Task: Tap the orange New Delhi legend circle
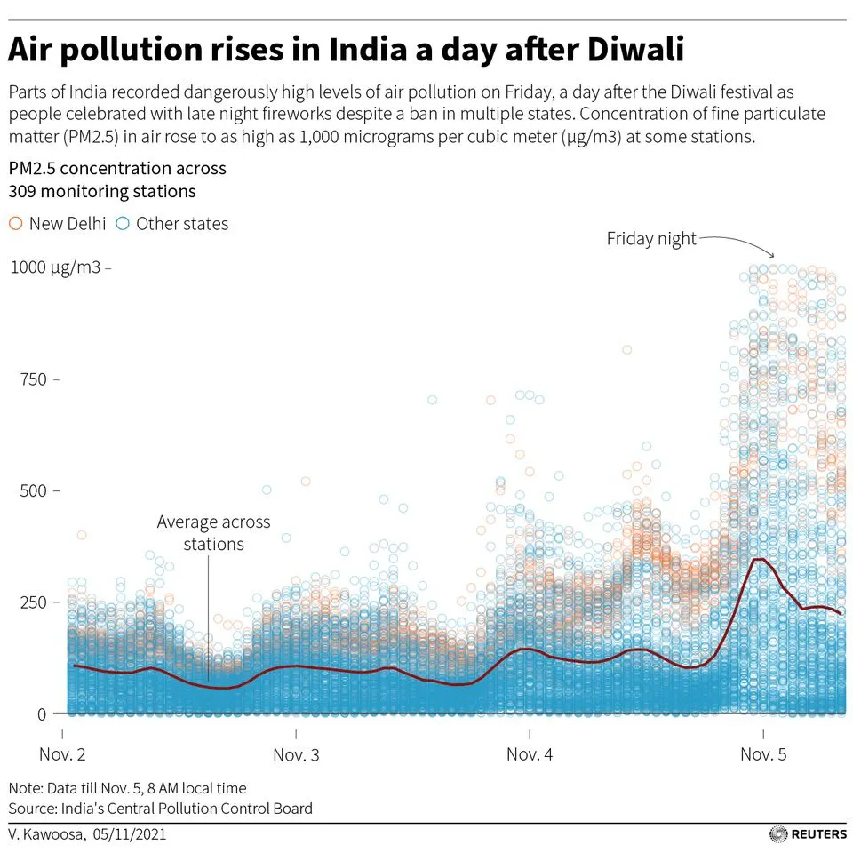click(x=15, y=224)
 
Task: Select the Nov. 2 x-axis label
click(x=62, y=755)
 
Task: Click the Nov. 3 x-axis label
click(x=296, y=755)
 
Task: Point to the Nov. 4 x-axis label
click(x=530, y=755)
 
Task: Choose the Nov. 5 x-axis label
click(x=763, y=755)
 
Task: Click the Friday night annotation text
click(x=651, y=239)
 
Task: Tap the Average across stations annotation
click(x=213, y=532)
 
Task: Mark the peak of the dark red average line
click(x=758, y=559)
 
